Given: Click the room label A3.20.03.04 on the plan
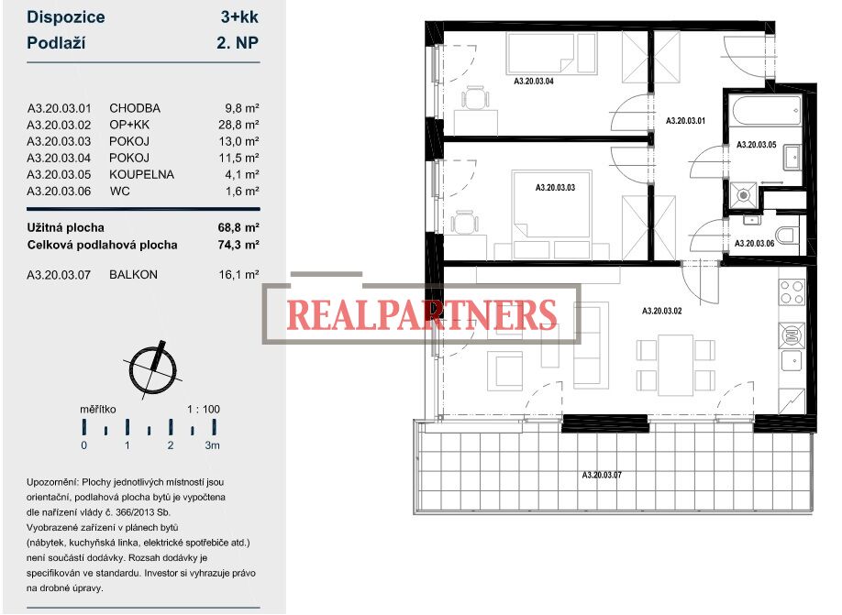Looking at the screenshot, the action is point(533,81).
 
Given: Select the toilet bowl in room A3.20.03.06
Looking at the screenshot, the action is point(787,235).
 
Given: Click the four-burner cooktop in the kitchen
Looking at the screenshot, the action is point(792,292).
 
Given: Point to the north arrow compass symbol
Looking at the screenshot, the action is point(153,369).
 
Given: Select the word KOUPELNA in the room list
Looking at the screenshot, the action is point(142,174).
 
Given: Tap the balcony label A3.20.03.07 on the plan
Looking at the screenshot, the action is point(602,475).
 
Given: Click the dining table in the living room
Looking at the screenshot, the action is point(676,365).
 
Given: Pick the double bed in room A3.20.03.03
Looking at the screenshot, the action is point(551,203).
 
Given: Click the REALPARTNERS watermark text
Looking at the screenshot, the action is point(422,315).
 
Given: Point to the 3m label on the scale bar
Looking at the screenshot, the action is point(213,445).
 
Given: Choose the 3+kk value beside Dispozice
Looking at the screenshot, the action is point(239,16).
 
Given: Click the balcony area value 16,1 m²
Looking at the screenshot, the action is point(238,274).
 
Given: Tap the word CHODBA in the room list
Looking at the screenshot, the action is point(135,108).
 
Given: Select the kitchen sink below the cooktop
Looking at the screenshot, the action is point(792,360).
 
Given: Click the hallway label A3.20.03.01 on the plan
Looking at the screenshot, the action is point(685,121).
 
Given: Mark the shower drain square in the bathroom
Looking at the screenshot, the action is point(744,196).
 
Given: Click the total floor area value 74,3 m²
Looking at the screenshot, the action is point(238,245).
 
